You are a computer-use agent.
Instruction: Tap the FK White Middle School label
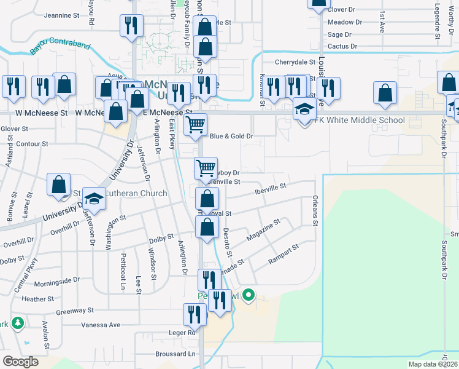tap(359, 120)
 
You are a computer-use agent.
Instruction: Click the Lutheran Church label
tap(136, 194)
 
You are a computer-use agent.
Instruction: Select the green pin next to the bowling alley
tap(249, 296)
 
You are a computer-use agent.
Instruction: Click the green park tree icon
tap(17, 322)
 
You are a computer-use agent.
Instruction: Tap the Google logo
tap(21, 361)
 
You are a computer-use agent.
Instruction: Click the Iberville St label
tap(271, 188)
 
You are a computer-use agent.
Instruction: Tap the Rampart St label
tap(283, 255)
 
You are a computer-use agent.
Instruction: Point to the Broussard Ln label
tap(174, 354)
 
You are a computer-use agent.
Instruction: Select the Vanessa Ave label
tap(98, 324)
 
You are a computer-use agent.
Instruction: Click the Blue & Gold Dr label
tap(231, 137)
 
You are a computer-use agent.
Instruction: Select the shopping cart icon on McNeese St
tap(195, 124)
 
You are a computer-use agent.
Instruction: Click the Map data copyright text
tap(433, 364)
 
